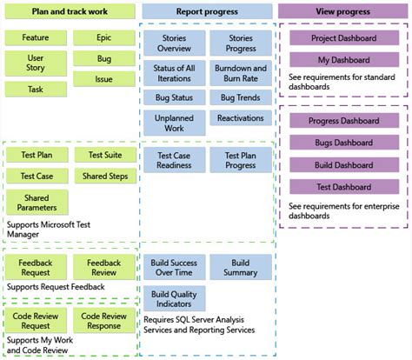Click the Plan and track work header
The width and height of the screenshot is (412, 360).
tap(70, 12)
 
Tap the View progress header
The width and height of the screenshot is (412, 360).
tap(343, 12)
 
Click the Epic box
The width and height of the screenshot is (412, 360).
tap(104, 38)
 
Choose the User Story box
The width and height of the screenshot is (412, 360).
tap(36, 63)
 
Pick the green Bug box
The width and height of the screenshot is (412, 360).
tap(104, 59)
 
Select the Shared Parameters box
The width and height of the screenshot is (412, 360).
tap(36, 203)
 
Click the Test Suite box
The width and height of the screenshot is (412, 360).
tap(104, 155)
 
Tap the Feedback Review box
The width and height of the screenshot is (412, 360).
tap(104, 267)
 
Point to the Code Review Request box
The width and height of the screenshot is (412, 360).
tap(36, 320)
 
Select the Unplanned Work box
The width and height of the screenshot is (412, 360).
tap(174, 123)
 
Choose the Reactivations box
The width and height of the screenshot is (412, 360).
tap(241, 118)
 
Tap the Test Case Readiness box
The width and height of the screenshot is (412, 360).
tap(174, 160)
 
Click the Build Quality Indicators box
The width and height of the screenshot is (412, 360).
tap(174, 298)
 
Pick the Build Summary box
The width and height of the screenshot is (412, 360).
tap(241, 267)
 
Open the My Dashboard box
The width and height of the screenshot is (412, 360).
tap(343, 60)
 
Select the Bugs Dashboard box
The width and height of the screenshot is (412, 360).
tap(343, 143)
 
